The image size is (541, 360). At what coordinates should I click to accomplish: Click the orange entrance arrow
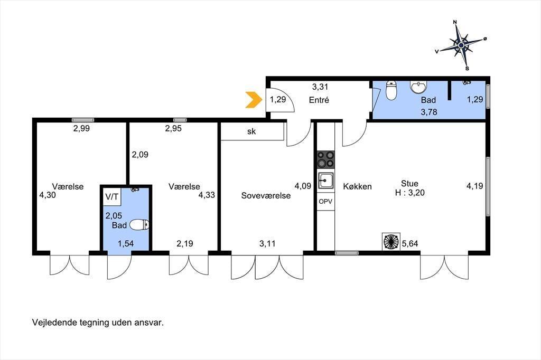pyautogui.click(x=254, y=100)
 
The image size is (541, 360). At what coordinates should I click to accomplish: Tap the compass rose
pyautogui.click(x=461, y=45)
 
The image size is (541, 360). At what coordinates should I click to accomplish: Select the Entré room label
pyautogui.click(x=319, y=100)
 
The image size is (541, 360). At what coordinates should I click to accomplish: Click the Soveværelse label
pyautogui.click(x=266, y=195)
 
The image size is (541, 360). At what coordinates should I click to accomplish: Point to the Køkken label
pyautogui.click(x=358, y=186)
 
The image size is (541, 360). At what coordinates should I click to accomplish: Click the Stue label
pyautogui.click(x=409, y=184)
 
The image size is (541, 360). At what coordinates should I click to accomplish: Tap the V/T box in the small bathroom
pyautogui.click(x=112, y=197)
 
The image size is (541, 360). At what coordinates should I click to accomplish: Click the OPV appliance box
pyautogui.click(x=325, y=201)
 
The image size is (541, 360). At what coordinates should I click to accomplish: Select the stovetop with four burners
pyautogui.click(x=325, y=159)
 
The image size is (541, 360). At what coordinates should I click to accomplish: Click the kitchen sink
pyautogui.click(x=325, y=181)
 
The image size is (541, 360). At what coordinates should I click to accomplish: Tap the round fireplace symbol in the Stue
pyautogui.click(x=391, y=241)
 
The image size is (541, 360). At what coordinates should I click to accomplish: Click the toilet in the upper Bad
pyautogui.click(x=391, y=90)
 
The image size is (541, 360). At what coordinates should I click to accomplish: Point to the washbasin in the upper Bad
pyautogui.click(x=418, y=87)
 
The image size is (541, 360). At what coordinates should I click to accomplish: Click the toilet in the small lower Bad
pyautogui.click(x=139, y=225)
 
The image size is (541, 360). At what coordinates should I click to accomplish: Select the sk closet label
pyautogui.click(x=251, y=131)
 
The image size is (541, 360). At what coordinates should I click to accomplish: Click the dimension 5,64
pyautogui.click(x=410, y=244)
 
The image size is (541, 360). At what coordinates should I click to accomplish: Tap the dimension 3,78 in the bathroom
pyautogui.click(x=429, y=112)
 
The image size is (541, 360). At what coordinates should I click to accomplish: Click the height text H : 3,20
pyautogui.click(x=410, y=193)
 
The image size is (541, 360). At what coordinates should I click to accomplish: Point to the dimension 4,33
pyautogui.click(x=207, y=195)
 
